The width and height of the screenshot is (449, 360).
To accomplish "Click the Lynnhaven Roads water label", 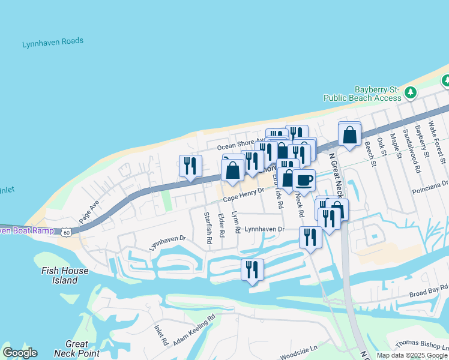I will [53, 43].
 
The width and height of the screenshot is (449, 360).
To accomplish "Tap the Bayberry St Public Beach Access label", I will [363, 93].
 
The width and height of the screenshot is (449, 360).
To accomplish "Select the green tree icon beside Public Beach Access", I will [411, 92].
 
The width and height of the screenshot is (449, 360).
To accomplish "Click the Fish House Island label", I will [65, 275].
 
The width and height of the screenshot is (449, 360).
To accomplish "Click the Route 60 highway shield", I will [66, 231].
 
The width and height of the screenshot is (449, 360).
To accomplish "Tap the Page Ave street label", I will [89, 212].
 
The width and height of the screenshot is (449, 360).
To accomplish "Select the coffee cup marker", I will [304, 180].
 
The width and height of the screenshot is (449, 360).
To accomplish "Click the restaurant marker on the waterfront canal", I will [252, 269].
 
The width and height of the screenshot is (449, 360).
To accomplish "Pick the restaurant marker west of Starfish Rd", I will [190, 166].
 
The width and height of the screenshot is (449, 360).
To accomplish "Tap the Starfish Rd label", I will [208, 227].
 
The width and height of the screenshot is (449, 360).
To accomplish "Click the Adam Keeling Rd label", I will [194, 331].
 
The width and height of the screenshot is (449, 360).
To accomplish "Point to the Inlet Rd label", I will [161, 335].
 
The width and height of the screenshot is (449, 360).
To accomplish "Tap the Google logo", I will [20, 353].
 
